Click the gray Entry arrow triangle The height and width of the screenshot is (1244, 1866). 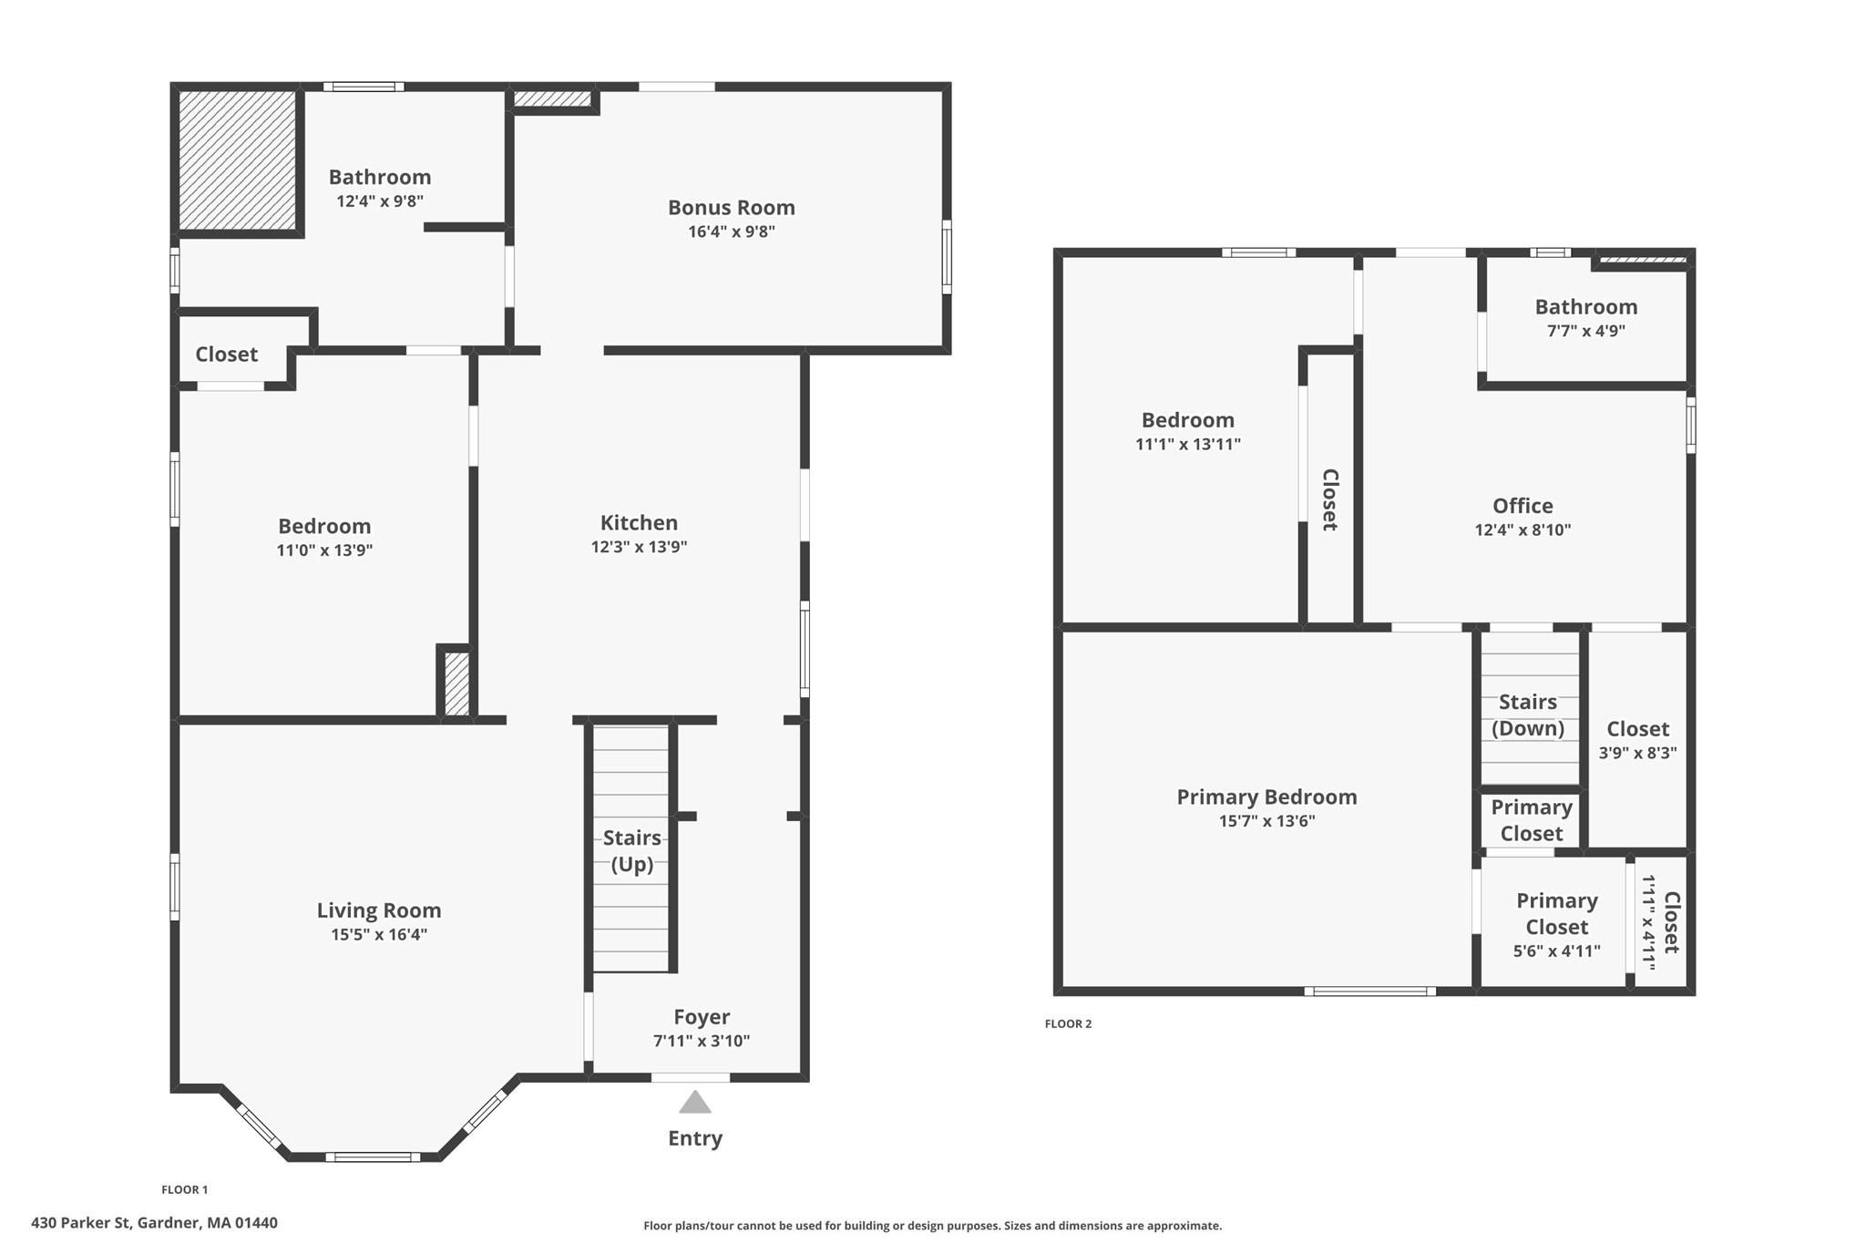pyautogui.click(x=694, y=1103)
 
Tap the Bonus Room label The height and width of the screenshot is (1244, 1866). pyautogui.click(x=731, y=208)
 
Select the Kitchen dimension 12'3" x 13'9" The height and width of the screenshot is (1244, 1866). pyautogui.click(x=639, y=547)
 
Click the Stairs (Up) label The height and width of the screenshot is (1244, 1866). pyautogui.click(x=631, y=850)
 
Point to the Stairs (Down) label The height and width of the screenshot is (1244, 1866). pyautogui.click(x=1528, y=715)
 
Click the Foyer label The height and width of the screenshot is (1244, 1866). pyautogui.click(x=702, y=1017)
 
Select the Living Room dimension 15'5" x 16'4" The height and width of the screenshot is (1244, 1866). pyautogui.click(x=379, y=934)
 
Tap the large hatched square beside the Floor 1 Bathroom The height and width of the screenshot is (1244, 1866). pyautogui.click(x=238, y=159)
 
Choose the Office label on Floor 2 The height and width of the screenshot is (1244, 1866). pyautogui.click(x=1523, y=506)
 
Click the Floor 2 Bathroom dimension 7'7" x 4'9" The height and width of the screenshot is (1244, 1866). pyautogui.click(x=1585, y=331)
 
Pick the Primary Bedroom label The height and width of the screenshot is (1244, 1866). pyautogui.click(x=1266, y=797)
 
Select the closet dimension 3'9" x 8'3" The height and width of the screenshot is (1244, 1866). pyautogui.click(x=1637, y=753)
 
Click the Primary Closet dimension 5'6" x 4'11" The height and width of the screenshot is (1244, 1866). pyautogui.click(x=1556, y=951)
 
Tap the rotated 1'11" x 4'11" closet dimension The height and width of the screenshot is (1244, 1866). pyautogui.click(x=1648, y=922)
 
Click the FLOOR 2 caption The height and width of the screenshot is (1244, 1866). pyautogui.click(x=1068, y=1023)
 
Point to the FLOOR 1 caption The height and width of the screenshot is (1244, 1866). pyautogui.click(x=185, y=1189)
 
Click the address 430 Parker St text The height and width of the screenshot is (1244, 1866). pyautogui.click(x=154, y=1223)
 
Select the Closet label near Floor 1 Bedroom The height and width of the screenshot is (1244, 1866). pyautogui.click(x=226, y=355)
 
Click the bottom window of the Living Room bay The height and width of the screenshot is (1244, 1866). pyautogui.click(x=373, y=1157)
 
